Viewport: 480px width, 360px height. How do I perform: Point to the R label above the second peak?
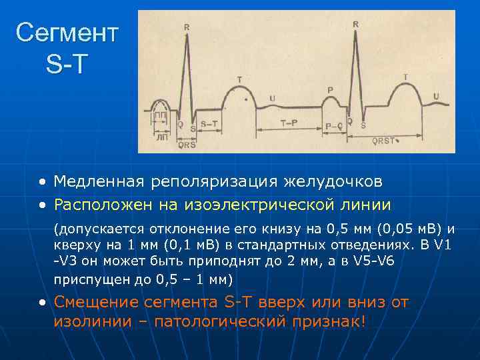(x=356, y=24)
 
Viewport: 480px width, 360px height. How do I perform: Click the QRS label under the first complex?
(x=187, y=143)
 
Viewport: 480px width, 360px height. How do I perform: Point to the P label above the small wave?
(x=331, y=89)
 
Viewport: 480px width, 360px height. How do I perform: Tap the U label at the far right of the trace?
(x=436, y=97)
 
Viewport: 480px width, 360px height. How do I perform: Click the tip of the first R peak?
(x=189, y=35)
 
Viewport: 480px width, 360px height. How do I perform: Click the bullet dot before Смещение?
(x=42, y=303)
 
